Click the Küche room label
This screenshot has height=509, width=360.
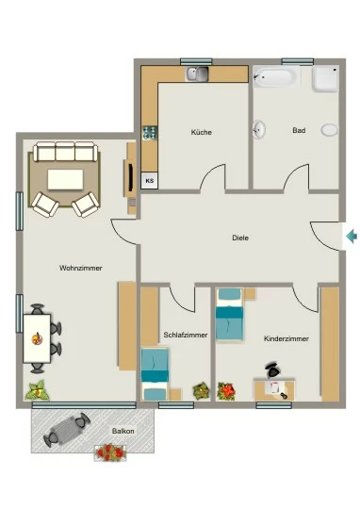[202, 132]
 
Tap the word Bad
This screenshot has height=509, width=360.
[299, 130]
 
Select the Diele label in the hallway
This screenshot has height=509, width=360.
[240, 238]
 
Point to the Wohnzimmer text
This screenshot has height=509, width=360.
[80, 268]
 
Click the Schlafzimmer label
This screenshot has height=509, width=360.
[186, 335]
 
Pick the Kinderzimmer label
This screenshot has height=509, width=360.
[286, 338]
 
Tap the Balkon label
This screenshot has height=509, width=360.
[123, 431]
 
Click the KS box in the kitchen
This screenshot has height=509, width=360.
[150, 180]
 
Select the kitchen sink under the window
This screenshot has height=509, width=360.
[197, 74]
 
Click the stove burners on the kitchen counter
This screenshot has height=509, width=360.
[150, 133]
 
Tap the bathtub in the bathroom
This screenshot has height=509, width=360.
[275, 77]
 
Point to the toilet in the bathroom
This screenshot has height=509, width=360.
[330, 130]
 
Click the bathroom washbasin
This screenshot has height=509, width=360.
[259, 129]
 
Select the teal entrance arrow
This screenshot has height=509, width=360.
[352, 236]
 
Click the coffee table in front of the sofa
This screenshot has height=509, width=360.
[65, 179]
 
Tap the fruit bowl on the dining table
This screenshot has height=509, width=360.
[37, 338]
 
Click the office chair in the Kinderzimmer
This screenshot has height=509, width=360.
[272, 369]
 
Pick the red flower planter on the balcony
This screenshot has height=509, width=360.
[110, 452]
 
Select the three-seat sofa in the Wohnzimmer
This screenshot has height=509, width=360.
[65, 151]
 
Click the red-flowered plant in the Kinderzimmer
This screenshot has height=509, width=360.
[226, 391]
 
